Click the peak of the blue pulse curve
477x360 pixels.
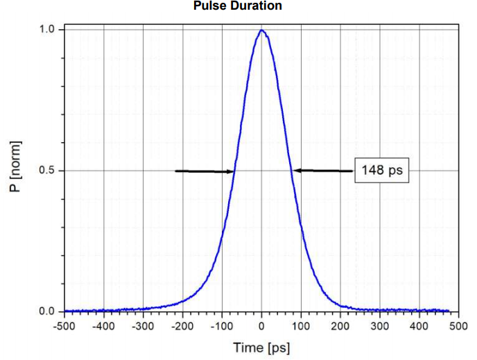point(261,30)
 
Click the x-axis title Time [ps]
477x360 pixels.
point(261,347)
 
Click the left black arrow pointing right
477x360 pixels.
point(205,171)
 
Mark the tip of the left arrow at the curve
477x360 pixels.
point(234,171)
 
